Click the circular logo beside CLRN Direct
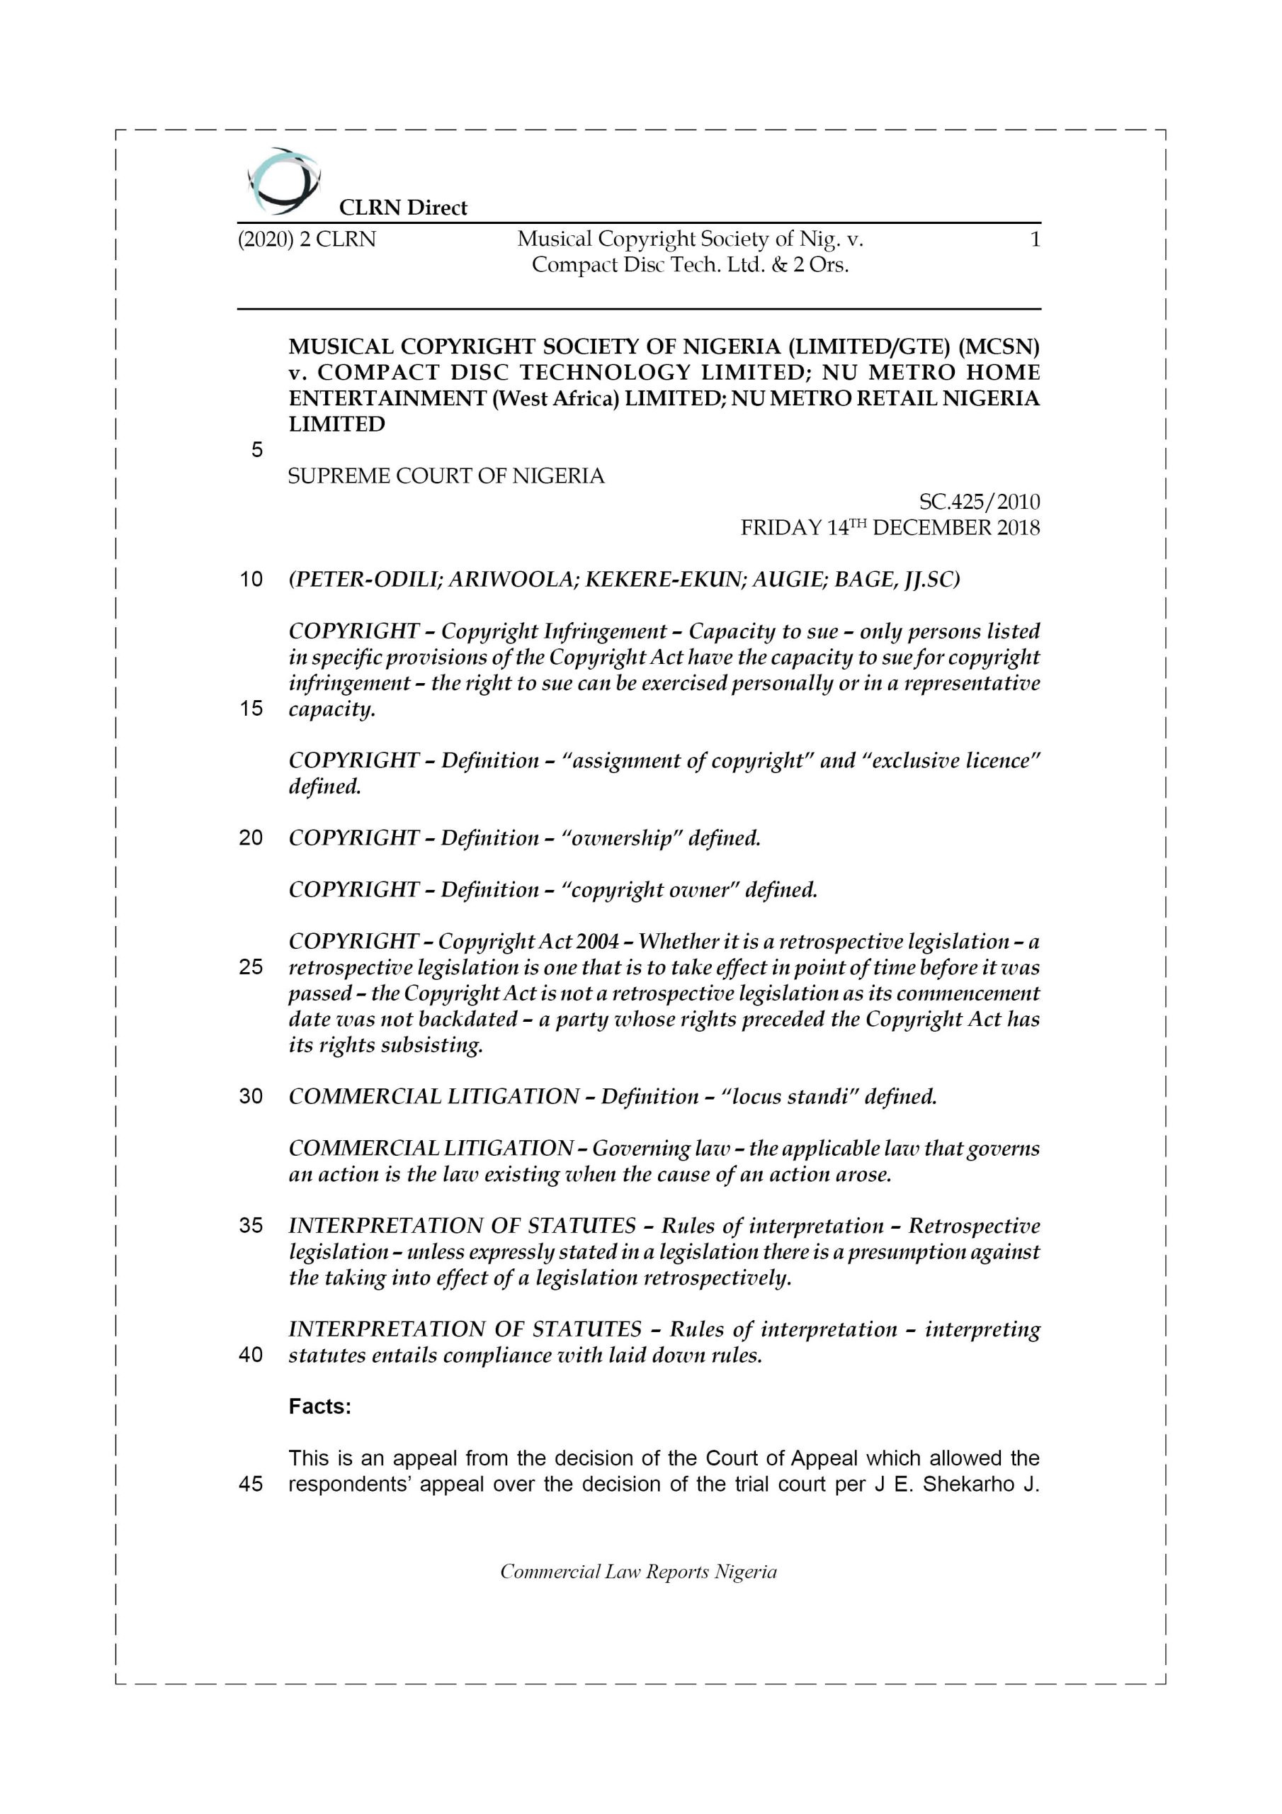[x=283, y=181]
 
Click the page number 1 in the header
[x=1035, y=239]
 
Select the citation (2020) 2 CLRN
[x=307, y=239]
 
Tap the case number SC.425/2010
[x=979, y=502]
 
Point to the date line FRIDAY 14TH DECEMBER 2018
[x=890, y=528]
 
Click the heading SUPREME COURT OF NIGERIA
[x=446, y=476]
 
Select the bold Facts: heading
[x=320, y=1407]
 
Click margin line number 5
[x=256, y=449]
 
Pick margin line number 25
[x=251, y=967]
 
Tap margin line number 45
[x=251, y=1484]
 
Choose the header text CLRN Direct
[x=403, y=208]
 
